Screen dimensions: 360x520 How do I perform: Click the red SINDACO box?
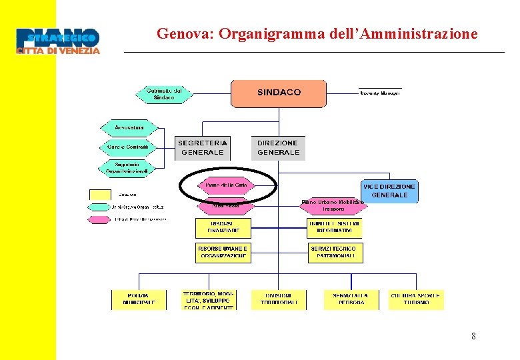[279, 93]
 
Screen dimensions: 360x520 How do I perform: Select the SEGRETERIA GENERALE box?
[202, 147]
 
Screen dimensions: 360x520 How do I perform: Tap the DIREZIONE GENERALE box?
[278, 147]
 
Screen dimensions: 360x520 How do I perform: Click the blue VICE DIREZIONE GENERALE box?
[389, 191]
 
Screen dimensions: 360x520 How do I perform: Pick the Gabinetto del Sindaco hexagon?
[163, 94]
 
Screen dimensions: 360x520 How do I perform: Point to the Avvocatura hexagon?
[129, 127]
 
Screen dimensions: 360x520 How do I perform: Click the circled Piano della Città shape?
[227, 185]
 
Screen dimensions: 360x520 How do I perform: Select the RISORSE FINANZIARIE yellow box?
[223, 229]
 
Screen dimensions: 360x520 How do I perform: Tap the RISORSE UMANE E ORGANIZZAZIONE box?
[223, 252]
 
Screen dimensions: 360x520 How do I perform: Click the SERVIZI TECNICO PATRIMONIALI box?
[335, 252]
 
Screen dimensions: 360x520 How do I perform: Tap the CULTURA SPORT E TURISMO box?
[416, 299]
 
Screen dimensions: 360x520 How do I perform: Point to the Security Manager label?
[380, 93]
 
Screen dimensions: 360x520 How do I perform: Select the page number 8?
[473, 336]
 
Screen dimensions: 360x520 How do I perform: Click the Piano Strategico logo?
[58, 41]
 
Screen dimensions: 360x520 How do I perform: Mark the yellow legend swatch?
[101, 195]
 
